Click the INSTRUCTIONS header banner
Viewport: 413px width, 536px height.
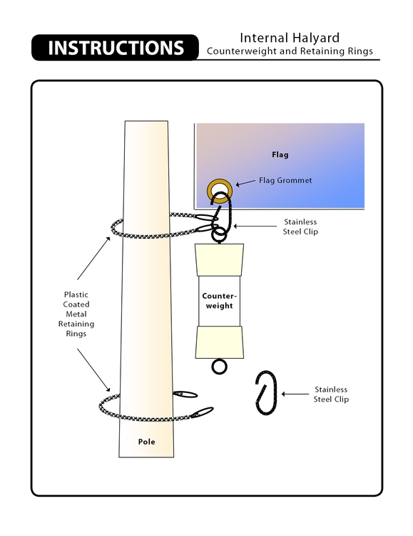[116, 48]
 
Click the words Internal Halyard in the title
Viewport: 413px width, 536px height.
[289, 37]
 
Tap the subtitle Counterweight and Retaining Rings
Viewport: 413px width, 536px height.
[289, 51]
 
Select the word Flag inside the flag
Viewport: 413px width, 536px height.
[280, 154]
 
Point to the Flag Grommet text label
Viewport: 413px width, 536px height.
[285, 181]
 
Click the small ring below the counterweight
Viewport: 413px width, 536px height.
[220, 367]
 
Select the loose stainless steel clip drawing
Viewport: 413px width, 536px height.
[265, 392]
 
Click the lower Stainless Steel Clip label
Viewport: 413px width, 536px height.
[331, 394]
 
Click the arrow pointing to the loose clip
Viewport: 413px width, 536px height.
[295, 394]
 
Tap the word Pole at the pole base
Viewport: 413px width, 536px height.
[146, 442]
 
